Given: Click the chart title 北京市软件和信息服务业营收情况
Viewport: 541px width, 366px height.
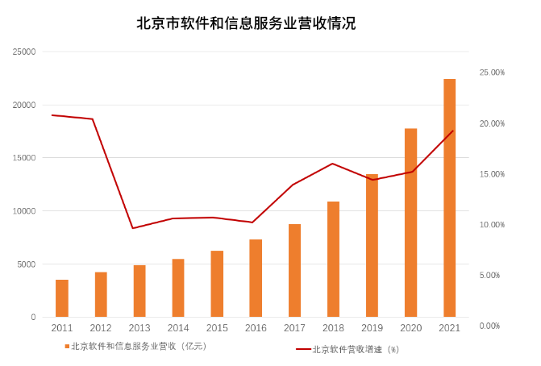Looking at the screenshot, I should point(246,23).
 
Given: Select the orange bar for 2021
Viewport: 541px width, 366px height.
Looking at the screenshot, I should point(449,198).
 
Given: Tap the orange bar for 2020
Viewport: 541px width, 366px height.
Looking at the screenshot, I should point(410,223).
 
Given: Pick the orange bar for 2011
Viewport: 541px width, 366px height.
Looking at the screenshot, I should point(62,298).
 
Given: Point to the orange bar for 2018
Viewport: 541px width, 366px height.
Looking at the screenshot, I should point(333,259).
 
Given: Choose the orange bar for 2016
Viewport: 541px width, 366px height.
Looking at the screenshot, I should point(256,278).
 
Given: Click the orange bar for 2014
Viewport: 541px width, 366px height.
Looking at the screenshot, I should point(178,288).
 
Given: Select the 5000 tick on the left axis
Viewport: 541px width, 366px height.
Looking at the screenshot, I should point(27,264).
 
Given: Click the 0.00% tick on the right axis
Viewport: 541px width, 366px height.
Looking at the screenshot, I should point(492,326).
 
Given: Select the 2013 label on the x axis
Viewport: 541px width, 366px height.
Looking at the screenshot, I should point(139,328).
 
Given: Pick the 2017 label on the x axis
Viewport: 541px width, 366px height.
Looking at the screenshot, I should point(294,328).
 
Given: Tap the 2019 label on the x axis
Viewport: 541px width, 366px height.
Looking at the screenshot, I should point(372,328).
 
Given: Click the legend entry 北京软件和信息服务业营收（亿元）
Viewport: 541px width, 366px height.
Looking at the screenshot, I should point(137,347).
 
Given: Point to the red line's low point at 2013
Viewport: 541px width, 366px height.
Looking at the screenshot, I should point(133,228).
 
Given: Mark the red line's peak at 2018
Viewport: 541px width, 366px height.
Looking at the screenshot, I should point(333,164).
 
